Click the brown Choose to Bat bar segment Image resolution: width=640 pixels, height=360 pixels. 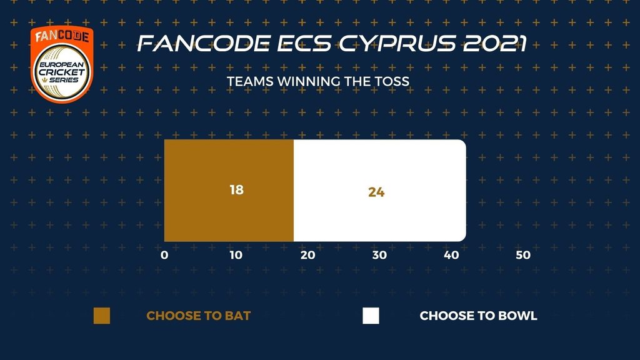pyautogui.click(x=229, y=191)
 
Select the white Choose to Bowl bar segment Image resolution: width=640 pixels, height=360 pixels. pyautogui.click(x=379, y=191)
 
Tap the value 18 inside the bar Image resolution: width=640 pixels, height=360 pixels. pyautogui.click(x=237, y=190)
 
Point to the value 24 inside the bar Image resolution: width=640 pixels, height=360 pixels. pyautogui.click(x=376, y=192)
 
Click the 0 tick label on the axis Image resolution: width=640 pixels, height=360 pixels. pyautogui.click(x=164, y=255)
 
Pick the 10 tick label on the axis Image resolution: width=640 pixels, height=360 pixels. pyautogui.click(x=236, y=255)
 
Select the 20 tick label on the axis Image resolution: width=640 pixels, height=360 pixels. pyautogui.click(x=307, y=255)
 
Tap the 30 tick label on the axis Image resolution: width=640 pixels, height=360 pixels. pyautogui.click(x=379, y=255)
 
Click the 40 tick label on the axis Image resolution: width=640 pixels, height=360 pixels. pyautogui.click(x=451, y=255)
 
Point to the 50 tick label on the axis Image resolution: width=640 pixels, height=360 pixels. pyautogui.click(x=523, y=255)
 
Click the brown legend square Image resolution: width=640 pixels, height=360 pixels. pyautogui.click(x=102, y=316)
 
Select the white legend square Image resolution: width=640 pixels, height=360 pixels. pyautogui.click(x=371, y=316)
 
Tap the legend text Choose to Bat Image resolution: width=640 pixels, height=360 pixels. pyautogui.click(x=198, y=316)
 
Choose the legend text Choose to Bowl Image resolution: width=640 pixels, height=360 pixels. pyautogui.click(x=478, y=316)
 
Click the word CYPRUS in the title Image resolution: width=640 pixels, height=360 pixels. pyautogui.click(x=397, y=43)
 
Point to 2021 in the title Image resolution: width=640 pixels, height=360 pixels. pyautogui.click(x=495, y=43)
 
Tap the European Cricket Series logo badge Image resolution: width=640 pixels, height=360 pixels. pyautogui.click(x=62, y=64)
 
